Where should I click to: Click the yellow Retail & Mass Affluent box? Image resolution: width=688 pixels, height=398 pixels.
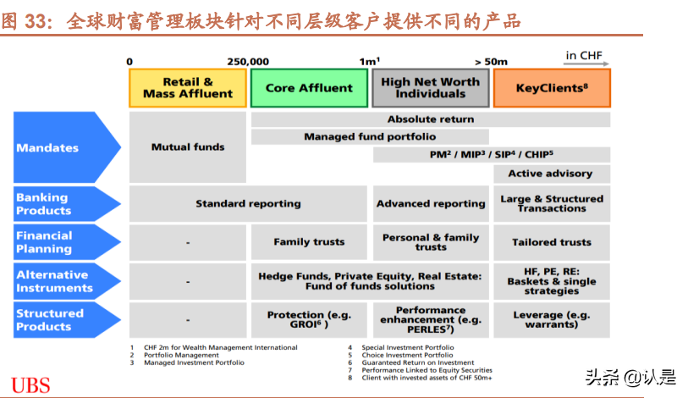[x=188, y=88]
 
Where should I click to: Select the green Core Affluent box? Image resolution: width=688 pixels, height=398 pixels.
[x=310, y=88]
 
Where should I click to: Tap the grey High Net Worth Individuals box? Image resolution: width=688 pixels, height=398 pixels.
[x=431, y=88]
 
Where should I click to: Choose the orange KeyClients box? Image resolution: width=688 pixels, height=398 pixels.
[x=552, y=88]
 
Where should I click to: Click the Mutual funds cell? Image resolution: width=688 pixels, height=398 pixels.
[x=188, y=147]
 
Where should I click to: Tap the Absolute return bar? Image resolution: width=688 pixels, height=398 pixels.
[x=431, y=119]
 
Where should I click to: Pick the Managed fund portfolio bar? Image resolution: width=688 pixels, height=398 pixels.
[x=370, y=136]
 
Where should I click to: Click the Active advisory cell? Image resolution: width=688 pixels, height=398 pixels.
[x=552, y=174]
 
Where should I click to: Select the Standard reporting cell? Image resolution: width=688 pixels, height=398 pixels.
[x=248, y=204]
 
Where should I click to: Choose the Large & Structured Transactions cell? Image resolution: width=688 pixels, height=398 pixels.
[x=552, y=204]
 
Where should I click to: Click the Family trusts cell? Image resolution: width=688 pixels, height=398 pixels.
[x=310, y=242]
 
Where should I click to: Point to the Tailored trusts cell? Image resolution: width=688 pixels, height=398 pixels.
[x=552, y=242]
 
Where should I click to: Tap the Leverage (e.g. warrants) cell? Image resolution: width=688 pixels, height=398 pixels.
[x=552, y=320]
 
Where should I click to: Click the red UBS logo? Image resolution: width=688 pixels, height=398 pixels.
[x=30, y=385]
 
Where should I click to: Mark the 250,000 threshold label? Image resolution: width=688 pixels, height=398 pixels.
[x=248, y=62]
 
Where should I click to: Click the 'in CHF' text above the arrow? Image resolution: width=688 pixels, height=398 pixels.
[x=584, y=55]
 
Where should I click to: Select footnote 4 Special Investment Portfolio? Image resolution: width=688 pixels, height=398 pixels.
[x=401, y=347]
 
